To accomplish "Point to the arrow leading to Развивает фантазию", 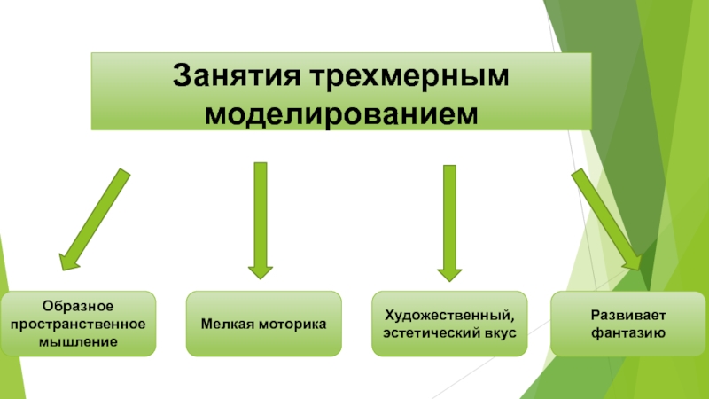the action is tap(606, 217).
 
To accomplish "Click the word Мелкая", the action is tap(231, 324).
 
